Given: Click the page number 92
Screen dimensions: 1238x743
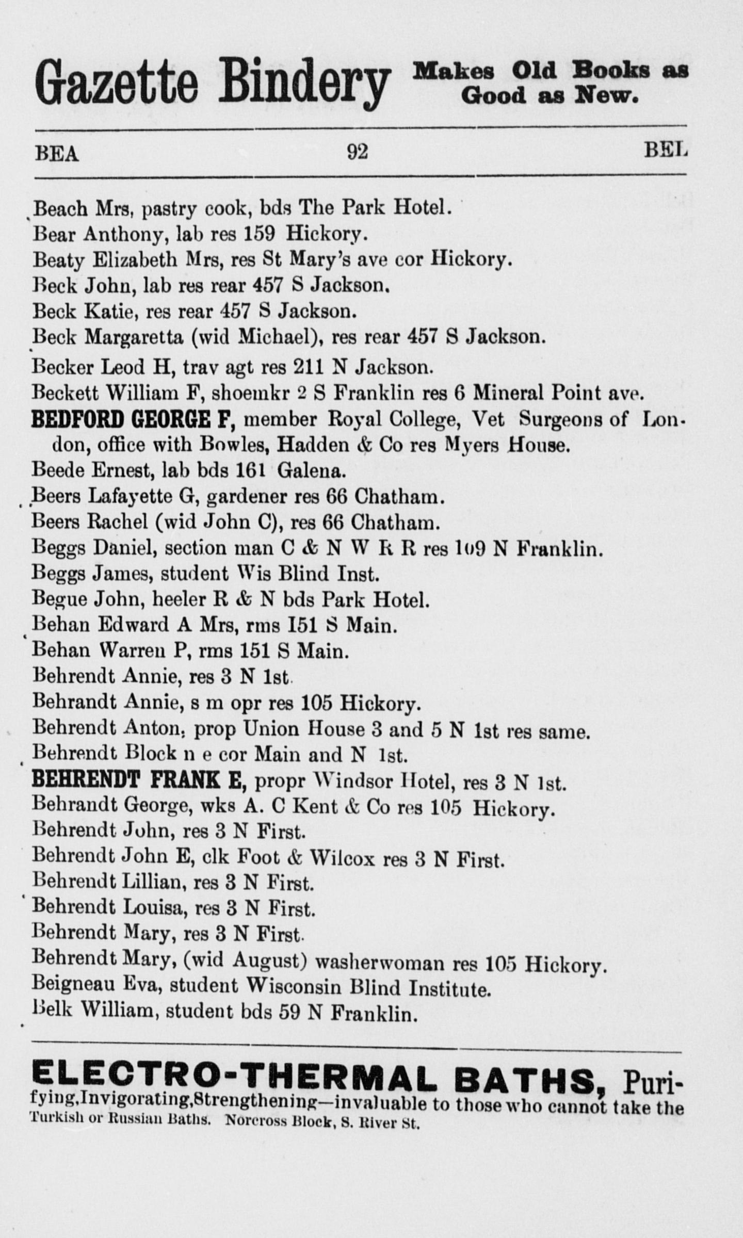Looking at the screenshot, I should (357, 152).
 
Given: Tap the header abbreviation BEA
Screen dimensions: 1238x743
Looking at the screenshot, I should (57, 153).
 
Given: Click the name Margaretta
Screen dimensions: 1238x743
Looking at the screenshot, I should (134, 337).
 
